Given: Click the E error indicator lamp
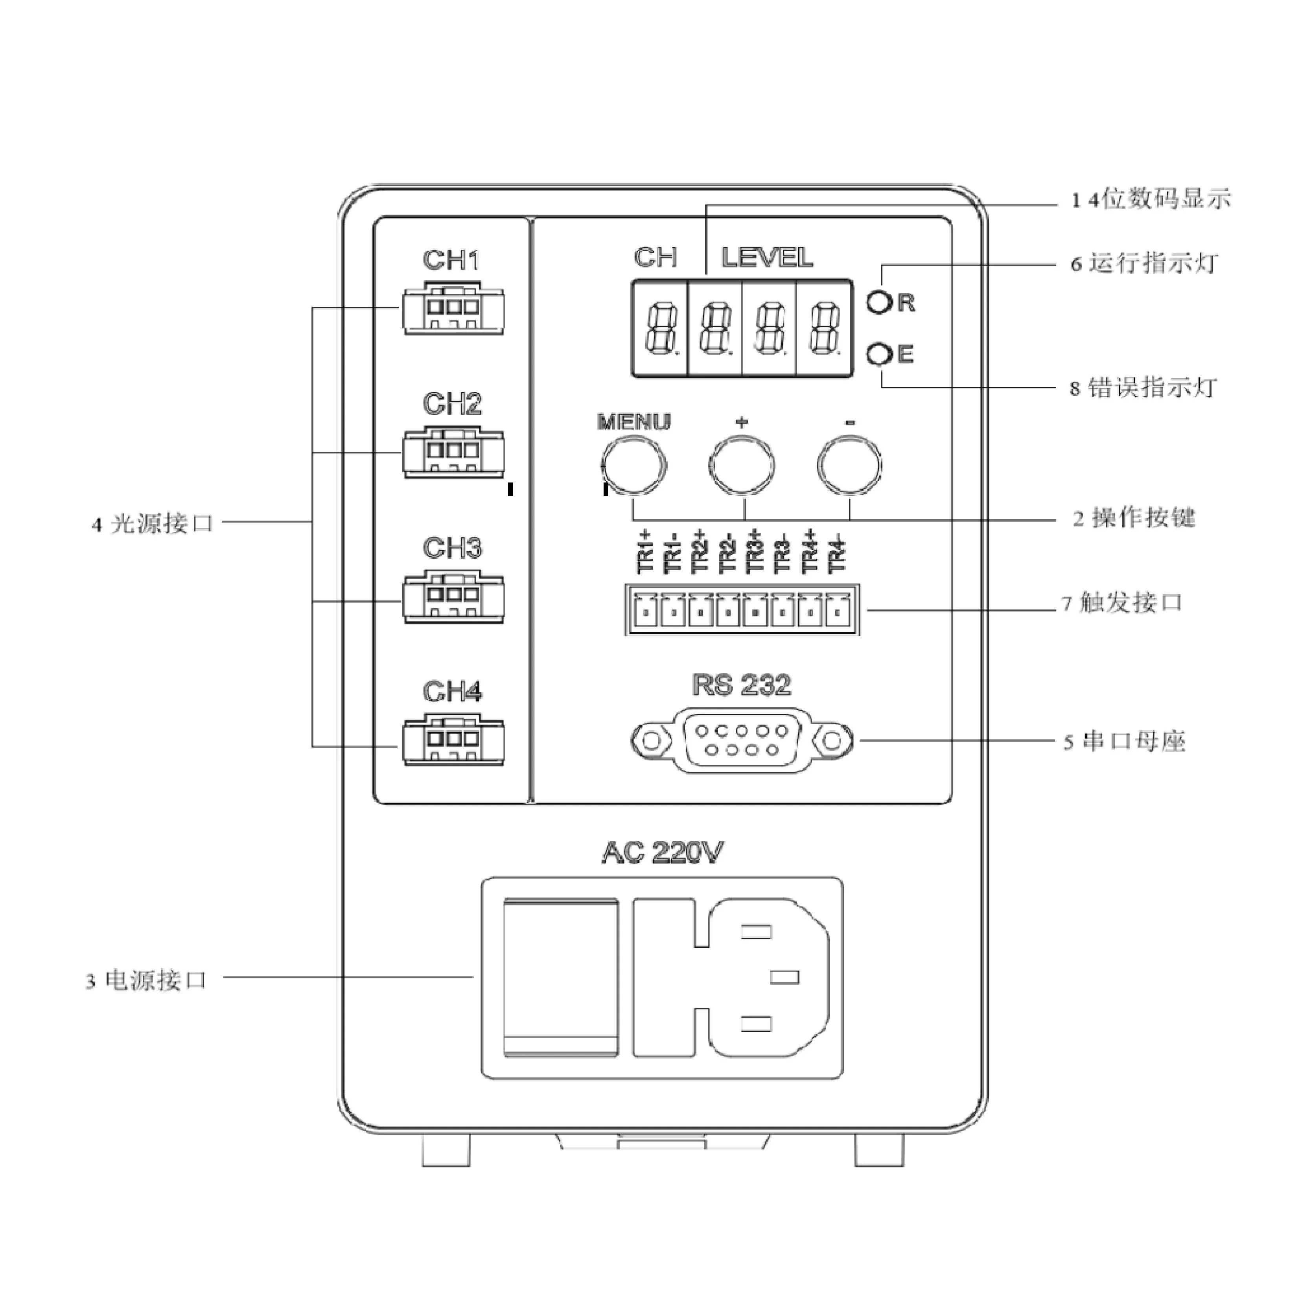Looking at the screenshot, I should [x=879, y=354].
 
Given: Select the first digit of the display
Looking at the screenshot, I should [x=660, y=328].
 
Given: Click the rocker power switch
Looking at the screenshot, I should [x=560, y=978].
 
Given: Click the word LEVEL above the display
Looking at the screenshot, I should [x=767, y=258].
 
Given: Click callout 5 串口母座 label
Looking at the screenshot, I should [x=1124, y=742].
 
